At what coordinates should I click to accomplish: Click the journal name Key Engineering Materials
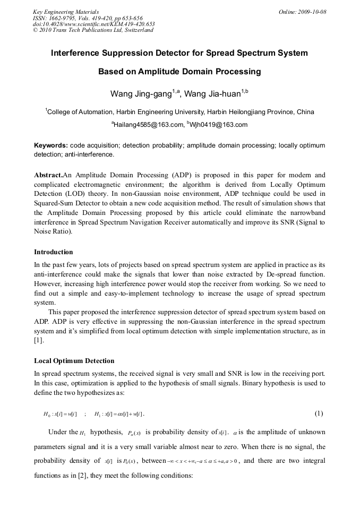point(66,12)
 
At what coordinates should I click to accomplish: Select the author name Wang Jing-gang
point(140,94)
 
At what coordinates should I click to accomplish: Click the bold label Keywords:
point(51,145)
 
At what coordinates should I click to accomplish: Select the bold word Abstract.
point(48,175)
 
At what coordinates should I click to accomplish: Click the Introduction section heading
point(54,252)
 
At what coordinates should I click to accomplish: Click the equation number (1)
point(319,413)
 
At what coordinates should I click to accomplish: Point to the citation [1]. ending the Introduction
point(39,341)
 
